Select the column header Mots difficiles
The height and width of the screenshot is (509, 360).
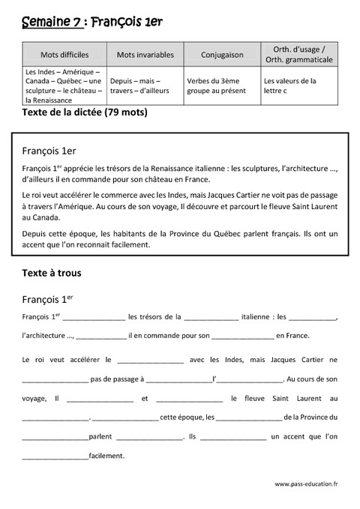tap(64, 55)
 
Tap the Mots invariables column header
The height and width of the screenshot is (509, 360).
tap(145, 55)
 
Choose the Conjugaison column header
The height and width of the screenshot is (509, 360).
tap(222, 55)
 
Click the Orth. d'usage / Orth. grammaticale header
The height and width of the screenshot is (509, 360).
tap(297, 54)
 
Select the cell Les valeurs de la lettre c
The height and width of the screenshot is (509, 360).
tap(289, 85)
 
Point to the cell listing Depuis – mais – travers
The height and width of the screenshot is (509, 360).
tap(139, 85)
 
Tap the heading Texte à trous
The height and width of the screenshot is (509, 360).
tap(52, 273)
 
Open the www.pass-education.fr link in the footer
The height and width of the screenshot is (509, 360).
tap(306, 484)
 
